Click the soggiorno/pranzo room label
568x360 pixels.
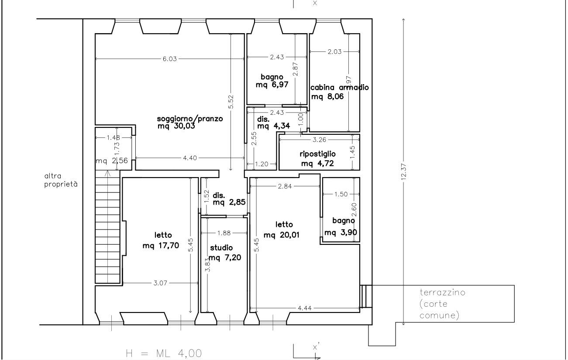189,119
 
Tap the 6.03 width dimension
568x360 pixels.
170,59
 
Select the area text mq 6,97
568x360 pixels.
272,84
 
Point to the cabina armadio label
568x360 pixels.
340,87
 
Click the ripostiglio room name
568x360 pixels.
317,154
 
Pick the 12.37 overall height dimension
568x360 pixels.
404,171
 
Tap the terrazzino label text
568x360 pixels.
443,292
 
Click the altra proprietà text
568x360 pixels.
61,180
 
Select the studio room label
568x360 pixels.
221,248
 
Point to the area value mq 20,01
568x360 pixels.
282,235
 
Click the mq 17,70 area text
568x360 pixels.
161,245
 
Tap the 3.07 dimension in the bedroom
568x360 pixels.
160,283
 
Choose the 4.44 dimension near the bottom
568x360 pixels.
305,308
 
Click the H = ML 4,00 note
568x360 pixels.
164,353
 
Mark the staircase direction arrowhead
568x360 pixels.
107,173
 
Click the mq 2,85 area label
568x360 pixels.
229,202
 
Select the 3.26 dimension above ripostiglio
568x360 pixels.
320,140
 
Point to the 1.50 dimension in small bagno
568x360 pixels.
341,194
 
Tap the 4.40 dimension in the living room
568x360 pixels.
190,158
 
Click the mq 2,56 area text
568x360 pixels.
112,161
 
